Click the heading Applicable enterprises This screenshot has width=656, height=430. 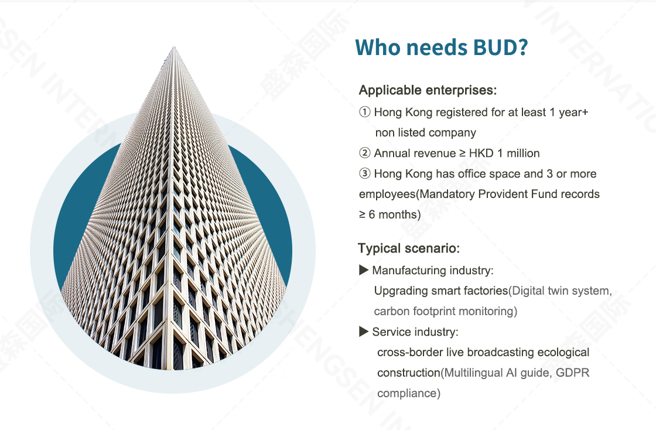(428, 90)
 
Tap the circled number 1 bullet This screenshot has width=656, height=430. (365, 112)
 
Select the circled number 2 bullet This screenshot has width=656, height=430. (365, 153)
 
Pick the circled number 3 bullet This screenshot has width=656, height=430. (365, 173)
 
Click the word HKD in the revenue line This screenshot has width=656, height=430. (481, 153)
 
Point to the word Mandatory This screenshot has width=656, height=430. (447, 194)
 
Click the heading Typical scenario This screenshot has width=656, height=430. (409, 248)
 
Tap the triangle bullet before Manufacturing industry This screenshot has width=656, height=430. (364, 270)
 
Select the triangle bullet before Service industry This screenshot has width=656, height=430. (364, 332)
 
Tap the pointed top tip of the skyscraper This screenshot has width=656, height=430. (174, 47)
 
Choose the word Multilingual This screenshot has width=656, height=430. (473, 373)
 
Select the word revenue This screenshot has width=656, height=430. (436, 153)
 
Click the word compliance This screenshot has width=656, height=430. (407, 394)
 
